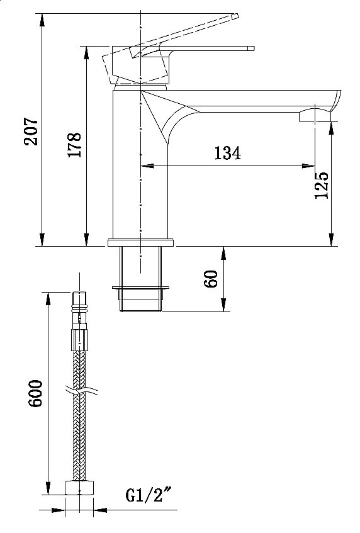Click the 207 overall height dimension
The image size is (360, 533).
click(30, 132)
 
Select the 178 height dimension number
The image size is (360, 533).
click(74, 145)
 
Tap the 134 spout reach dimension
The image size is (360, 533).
click(228, 153)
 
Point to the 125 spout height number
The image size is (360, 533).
click(322, 185)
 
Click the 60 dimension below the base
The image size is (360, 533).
click(211, 279)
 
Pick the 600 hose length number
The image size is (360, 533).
click(35, 393)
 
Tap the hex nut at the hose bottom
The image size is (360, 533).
click(79, 488)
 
